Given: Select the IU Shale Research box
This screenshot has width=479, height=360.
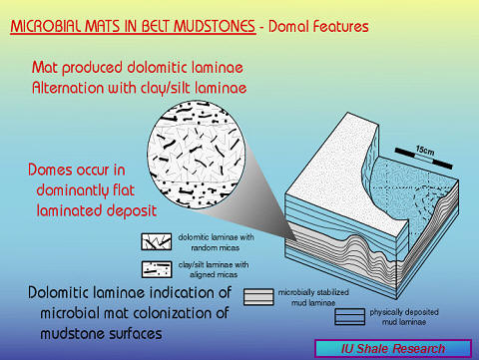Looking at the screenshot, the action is pos(394,348).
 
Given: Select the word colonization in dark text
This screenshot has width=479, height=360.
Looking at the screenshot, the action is pos(161,314).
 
